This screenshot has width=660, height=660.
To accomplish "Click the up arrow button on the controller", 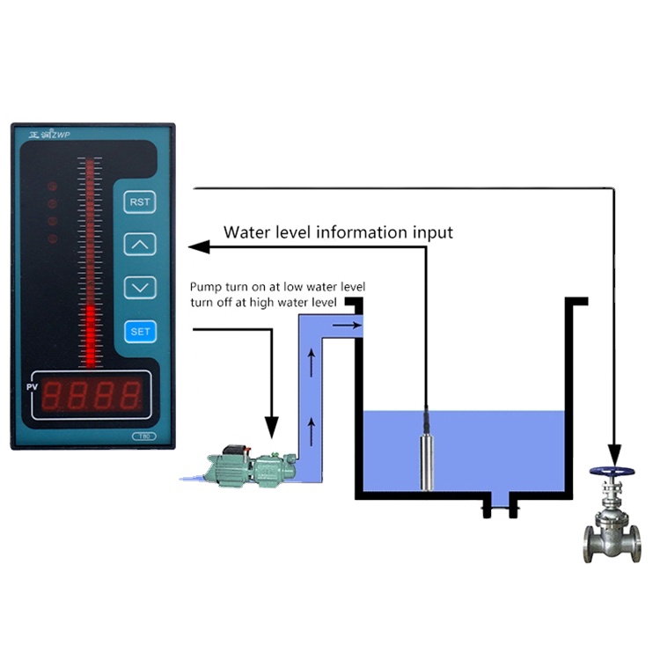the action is click(x=140, y=244).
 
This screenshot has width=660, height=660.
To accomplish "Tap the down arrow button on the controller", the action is click(x=140, y=286).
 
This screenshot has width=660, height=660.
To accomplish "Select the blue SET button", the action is click(x=140, y=331).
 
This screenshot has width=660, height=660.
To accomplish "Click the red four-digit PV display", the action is click(x=92, y=396).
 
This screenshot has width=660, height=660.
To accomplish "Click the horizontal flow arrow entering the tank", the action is click(x=348, y=326).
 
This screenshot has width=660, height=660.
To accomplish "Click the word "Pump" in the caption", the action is click(x=205, y=288).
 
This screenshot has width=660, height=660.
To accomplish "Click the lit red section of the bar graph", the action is click(x=90, y=334).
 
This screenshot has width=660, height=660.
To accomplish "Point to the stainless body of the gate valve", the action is click(x=612, y=532).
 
